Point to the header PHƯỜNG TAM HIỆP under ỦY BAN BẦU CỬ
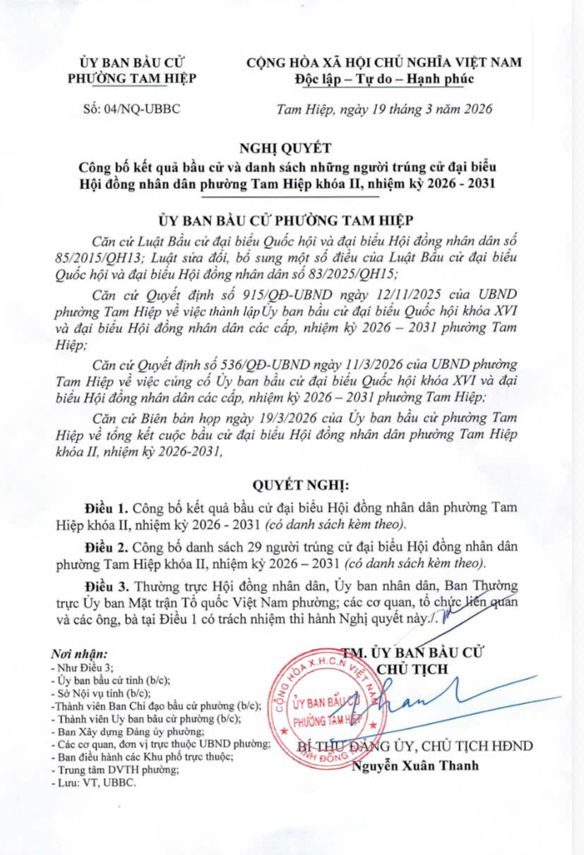click(x=132, y=78)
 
